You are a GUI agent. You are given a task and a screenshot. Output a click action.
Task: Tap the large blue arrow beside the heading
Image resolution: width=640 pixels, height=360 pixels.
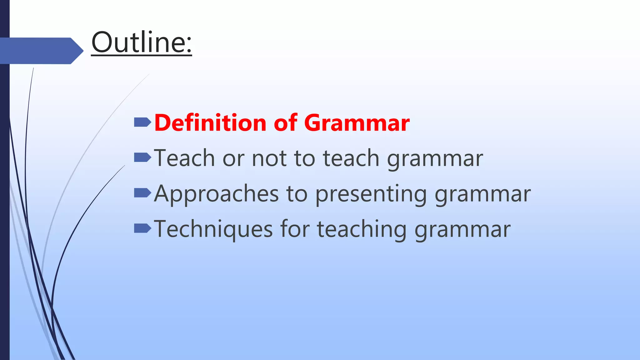pos(41,51)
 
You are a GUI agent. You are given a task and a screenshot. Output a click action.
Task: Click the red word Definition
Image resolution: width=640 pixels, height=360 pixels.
pos(210,122)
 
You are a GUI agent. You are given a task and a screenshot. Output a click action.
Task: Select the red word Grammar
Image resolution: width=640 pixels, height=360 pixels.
pos(357,122)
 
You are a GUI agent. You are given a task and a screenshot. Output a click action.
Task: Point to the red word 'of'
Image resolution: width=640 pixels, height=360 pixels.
pos(285,122)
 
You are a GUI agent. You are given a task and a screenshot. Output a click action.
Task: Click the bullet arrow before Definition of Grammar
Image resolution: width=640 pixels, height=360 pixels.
pos(142,122)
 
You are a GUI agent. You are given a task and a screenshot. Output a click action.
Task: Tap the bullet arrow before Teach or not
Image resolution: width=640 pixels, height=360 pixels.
pos(142,157)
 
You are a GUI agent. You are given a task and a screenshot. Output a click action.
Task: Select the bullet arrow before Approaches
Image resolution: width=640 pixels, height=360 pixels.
pos(142,193)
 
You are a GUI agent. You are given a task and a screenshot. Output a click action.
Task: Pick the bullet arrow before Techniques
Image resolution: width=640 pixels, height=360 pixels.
pos(142,228)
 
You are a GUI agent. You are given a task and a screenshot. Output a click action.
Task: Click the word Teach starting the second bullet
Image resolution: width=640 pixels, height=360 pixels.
pos(184,158)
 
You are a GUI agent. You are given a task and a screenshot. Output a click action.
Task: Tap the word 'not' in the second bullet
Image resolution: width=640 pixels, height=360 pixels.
pos(269,158)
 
